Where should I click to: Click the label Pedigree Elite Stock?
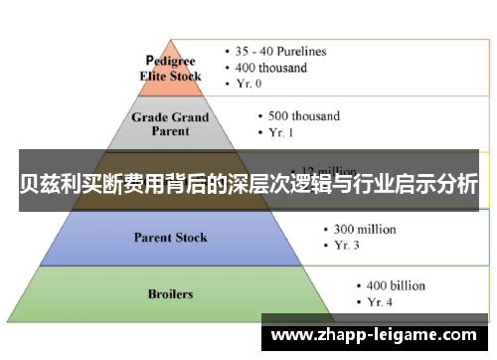[x=174, y=69]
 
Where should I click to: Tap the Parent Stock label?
[x=169, y=237]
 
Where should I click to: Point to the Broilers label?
[x=170, y=294]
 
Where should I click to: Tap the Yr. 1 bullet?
[x=286, y=131]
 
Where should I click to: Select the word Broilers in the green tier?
[x=170, y=294]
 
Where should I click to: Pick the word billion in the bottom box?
[x=405, y=283]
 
